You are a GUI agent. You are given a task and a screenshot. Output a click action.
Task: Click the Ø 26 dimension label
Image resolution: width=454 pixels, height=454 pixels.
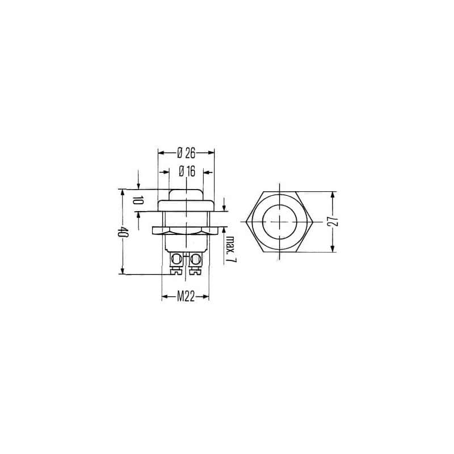186,153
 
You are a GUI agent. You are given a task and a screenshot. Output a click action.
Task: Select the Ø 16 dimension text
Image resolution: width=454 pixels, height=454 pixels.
187,172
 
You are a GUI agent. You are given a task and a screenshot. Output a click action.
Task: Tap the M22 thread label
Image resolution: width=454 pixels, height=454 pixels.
186,297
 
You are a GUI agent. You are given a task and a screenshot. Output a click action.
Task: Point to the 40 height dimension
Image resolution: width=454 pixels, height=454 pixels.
123,232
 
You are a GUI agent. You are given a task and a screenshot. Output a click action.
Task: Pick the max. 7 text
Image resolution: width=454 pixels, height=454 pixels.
231,249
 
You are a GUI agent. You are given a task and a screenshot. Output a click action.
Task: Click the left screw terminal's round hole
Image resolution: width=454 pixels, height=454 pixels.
176,259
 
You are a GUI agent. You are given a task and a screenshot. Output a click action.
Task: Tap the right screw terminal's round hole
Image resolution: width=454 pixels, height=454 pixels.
196,259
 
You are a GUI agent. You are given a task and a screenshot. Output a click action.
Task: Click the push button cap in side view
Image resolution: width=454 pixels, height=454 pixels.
186,195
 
